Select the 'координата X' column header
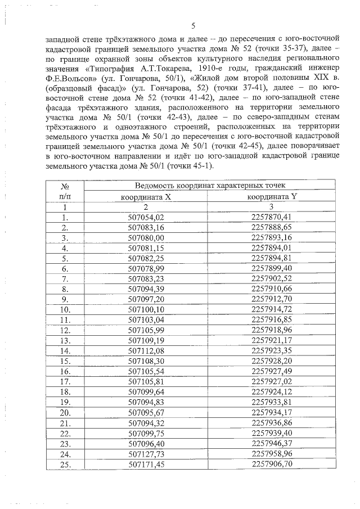[x=146, y=196]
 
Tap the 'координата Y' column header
[x=272, y=196]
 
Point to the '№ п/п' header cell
[x=65, y=191]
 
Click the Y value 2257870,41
[x=272, y=217]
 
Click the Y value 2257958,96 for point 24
[x=272, y=454]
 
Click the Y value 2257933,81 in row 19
[x=272, y=403]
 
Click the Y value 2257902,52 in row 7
[x=272, y=279]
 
